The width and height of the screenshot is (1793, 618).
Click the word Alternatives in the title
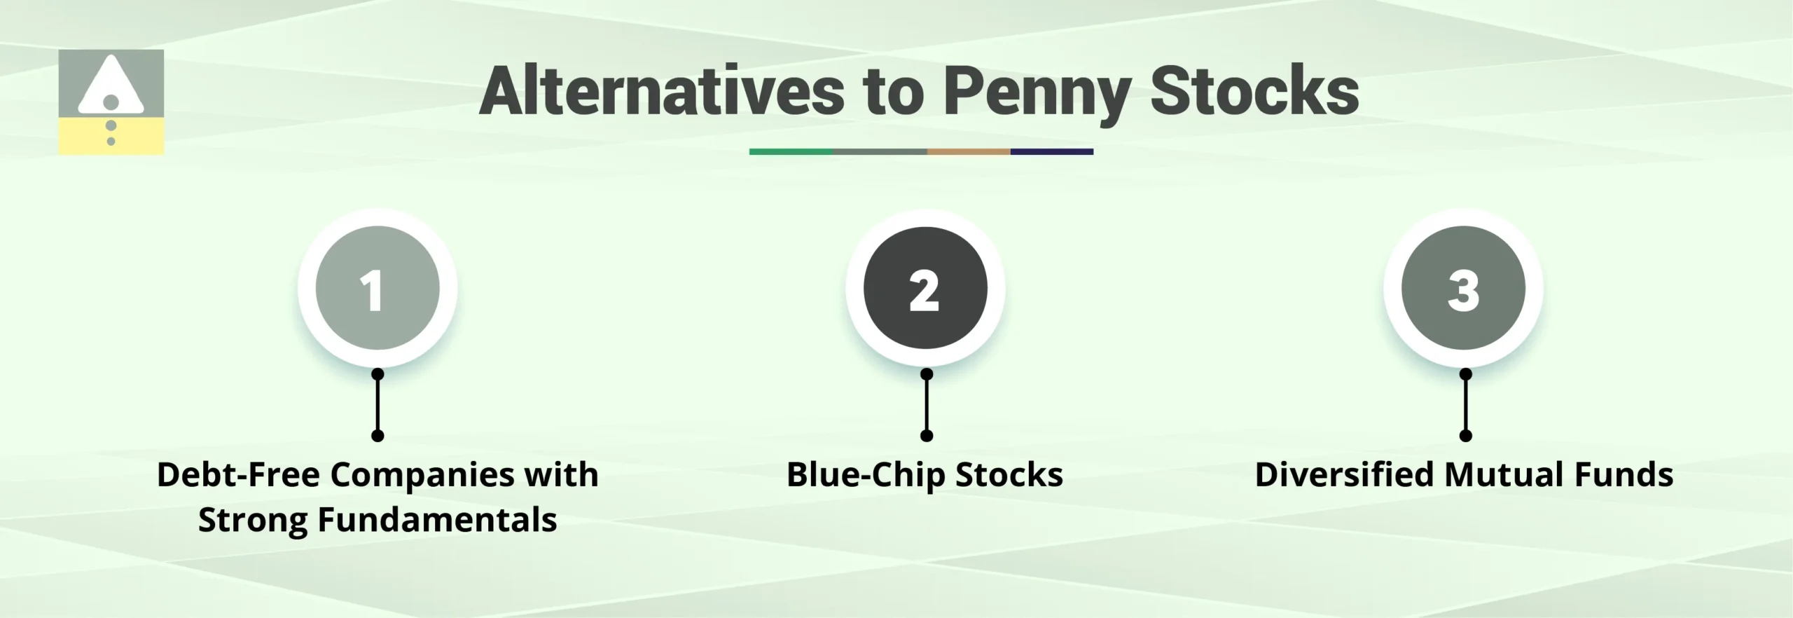click(x=662, y=92)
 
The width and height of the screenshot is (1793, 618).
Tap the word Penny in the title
click(x=1037, y=92)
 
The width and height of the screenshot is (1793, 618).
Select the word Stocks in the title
click(x=1254, y=92)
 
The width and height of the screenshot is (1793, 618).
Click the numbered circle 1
click(x=378, y=288)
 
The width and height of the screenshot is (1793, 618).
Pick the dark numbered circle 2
click(x=925, y=288)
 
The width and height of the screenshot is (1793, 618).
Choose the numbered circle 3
click(x=1463, y=288)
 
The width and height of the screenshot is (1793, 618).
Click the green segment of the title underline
click(x=791, y=151)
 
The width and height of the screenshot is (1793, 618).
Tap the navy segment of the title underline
click(x=1051, y=151)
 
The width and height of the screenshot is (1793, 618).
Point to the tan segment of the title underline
click(x=968, y=151)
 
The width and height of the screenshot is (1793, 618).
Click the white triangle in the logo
click(x=111, y=84)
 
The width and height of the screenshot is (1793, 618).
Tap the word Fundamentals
click(x=437, y=521)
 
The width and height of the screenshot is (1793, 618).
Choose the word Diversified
click(x=1344, y=475)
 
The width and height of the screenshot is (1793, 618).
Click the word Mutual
click(x=1504, y=475)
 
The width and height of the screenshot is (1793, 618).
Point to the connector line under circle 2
click(x=927, y=405)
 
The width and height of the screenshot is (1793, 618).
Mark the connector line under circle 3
click(x=1465, y=405)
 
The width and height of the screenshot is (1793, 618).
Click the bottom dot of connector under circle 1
click(x=378, y=436)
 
